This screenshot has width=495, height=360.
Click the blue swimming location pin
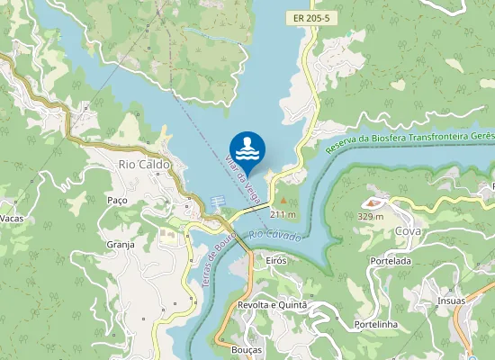[247, 149]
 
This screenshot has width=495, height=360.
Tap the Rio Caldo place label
[144, 165]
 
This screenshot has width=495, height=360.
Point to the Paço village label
[117, 200]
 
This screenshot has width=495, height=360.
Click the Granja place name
[120, 244]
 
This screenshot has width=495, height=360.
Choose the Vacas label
[10, 219]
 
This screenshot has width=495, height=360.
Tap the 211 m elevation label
[283, 214]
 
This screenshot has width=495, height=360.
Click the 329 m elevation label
[371, 216]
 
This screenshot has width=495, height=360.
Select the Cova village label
[408, 231]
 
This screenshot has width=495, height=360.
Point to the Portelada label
[390, 261]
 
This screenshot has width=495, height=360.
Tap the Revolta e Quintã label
[272, 305]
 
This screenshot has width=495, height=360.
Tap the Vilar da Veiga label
[241, 180]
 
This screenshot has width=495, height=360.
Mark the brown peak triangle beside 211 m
[284, 200]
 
